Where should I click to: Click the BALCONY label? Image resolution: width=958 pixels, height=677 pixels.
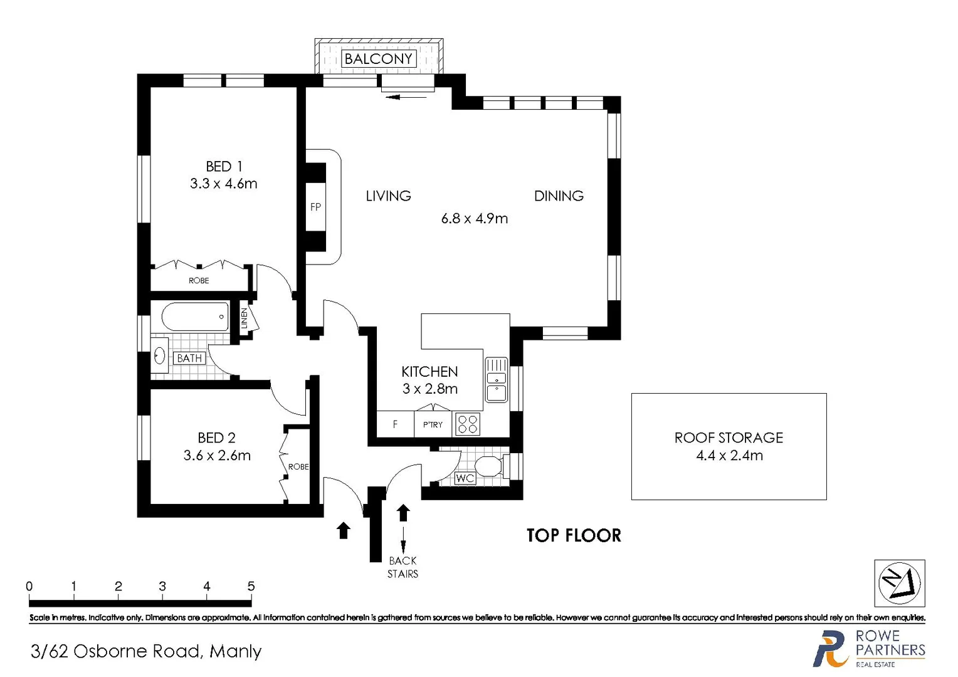click(379, 59)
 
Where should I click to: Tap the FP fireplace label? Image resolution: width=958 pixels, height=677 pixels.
click(315, 207)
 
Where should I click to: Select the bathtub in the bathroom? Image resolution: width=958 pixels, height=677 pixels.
click(195, 317)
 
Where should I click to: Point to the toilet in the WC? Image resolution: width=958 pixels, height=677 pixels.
click(489, 466)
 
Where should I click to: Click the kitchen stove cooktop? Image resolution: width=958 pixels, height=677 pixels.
click(467, 424)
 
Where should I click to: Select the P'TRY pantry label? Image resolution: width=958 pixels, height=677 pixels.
click(433, 425)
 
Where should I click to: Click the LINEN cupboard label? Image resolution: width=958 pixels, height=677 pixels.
click(245, 318)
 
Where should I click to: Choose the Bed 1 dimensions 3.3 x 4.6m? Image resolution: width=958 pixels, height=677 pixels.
click(224, 184)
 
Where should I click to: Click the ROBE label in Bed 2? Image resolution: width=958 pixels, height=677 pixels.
click(298, 467)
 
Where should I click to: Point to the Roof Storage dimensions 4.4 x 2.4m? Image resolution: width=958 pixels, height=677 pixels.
click(729, 456)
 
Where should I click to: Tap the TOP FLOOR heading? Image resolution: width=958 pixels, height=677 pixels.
click(574, 535)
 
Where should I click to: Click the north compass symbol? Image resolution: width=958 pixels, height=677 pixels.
click(899, 583)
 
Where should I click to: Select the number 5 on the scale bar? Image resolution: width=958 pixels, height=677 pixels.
click(251, 587)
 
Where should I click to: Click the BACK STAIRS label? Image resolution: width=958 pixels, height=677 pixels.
click(403, 567)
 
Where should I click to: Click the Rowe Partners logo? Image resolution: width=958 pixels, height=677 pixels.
click(869, 649)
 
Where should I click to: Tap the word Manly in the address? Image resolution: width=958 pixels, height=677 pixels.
click(235, 652)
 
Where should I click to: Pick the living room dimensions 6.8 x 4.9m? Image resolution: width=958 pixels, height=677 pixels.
click(475, 219)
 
